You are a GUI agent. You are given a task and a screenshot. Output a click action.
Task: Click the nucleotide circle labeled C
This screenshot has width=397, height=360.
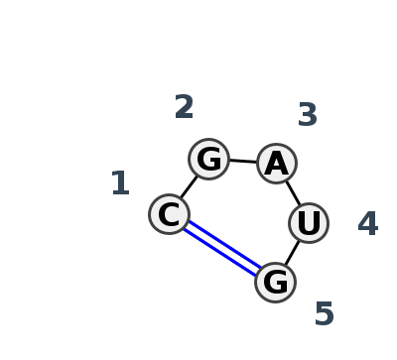(170, 214)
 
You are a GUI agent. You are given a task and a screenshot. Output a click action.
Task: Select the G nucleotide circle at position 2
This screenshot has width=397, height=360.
(208, 159)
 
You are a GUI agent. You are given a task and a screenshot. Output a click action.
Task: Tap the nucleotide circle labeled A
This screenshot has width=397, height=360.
(276, 163)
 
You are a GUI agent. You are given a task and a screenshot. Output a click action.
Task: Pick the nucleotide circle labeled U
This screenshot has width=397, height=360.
(309, 223)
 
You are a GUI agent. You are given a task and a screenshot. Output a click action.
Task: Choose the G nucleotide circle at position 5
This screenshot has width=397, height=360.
(275, 283)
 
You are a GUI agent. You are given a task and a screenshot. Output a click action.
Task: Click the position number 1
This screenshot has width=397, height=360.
(120, 183)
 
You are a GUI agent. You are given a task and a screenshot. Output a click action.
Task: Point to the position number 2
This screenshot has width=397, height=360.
(184, 107)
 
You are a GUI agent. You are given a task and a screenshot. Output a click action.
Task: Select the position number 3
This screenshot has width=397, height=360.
(308, 115)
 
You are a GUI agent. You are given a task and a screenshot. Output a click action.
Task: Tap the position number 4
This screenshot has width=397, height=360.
(368, 224)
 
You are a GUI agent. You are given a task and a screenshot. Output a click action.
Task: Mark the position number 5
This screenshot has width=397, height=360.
(324, 314)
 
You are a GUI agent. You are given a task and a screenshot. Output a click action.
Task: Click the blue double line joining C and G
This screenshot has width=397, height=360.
(222, 248)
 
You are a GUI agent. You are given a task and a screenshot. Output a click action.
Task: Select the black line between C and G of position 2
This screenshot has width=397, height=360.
(189, 186)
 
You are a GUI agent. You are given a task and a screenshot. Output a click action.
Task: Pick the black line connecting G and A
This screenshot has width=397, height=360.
(242, 161)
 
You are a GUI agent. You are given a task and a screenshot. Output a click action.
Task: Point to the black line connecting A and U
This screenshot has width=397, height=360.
(293, 192)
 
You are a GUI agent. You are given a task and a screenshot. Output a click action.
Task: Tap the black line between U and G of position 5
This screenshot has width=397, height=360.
(292, 253)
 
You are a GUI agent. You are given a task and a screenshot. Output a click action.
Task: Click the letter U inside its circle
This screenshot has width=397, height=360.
(309, 223)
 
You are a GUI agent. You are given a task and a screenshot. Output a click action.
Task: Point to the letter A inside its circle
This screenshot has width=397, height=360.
(276, 163)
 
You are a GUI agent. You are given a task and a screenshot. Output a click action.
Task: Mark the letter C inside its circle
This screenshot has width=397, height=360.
(170, 214)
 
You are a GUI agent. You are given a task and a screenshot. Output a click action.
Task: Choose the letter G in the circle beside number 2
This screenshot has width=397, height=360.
(208, 159)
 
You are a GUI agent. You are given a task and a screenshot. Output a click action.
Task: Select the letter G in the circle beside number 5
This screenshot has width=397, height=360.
(275, 283)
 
